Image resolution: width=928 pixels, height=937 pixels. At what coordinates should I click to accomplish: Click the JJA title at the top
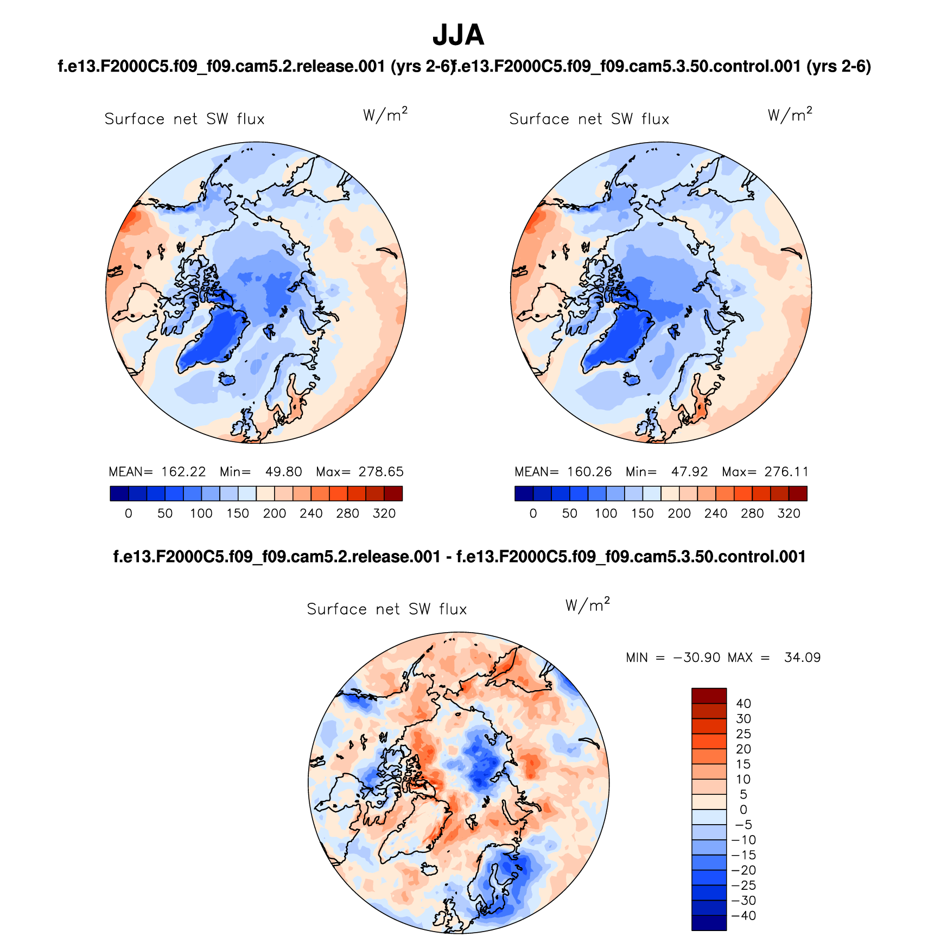(458, 36)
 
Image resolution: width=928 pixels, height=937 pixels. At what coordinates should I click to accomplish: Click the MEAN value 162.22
(183, 472)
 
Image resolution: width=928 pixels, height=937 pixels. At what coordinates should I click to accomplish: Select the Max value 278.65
(381, 472)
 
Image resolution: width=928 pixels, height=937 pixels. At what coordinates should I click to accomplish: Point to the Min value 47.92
(689, 472)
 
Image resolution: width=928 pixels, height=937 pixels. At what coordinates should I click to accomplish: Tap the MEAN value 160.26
(589, 472)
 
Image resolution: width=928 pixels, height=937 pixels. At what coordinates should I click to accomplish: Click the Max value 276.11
(786, 472)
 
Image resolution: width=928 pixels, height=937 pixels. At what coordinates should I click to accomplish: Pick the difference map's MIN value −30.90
(697, 658)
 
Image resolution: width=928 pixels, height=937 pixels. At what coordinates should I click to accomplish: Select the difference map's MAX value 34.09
(802, 658)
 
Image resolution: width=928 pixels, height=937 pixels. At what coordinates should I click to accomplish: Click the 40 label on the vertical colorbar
(743, 704)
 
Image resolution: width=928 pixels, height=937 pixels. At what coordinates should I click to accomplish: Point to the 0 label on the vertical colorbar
(743, 809)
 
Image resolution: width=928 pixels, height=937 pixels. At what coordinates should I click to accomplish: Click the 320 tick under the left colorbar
(384, 514)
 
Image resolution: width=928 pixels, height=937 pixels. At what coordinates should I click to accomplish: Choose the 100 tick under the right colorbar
(606, 514)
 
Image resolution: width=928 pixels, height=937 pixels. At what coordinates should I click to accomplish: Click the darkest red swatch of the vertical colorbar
(709, 696)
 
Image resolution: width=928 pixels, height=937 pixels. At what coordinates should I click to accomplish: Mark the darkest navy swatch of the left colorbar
(119, 494)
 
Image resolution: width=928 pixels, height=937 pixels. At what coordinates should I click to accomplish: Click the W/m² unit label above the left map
(385, 115)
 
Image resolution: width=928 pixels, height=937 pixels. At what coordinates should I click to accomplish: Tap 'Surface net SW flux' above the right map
(589, 119)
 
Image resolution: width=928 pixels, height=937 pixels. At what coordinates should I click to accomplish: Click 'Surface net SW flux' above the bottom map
(386, 609)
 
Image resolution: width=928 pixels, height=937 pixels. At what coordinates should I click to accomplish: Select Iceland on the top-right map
(632, 379)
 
